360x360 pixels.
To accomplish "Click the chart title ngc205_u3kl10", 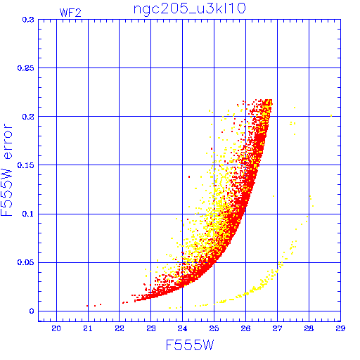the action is (189, 9).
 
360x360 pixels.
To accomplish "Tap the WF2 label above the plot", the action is (70, 13).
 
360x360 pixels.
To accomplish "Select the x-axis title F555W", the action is (190, 345).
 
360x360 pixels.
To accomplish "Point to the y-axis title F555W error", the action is (6, 170).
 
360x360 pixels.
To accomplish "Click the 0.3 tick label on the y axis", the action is (28, 20).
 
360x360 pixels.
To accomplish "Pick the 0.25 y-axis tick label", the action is (26, 68).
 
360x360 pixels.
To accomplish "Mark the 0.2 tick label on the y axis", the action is (28, 117).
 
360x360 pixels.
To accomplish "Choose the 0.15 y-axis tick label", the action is (26, 165).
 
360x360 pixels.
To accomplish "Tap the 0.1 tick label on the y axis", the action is (28, 214).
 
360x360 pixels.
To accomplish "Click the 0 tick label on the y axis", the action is (32, 311).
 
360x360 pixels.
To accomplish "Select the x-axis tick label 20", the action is (56, 328).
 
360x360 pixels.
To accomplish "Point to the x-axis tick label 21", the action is (88, 328).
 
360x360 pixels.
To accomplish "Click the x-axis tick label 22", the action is (120, 328).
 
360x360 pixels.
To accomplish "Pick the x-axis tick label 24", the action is (182, 328).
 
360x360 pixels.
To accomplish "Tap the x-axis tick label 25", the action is (214, 328).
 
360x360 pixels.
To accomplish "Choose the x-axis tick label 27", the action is (277, 328).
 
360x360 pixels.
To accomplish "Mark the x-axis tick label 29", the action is (340, 328).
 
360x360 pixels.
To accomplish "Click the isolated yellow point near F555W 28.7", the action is (331, 116).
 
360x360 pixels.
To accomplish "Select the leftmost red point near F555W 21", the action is (87, 306).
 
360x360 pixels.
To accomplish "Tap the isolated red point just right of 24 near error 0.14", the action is (189, 176).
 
